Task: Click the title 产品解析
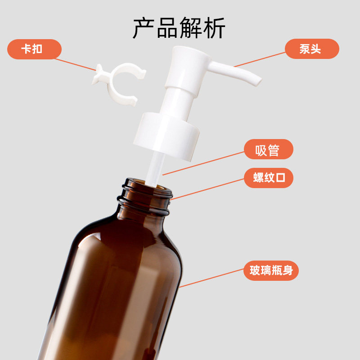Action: tap(179, 28)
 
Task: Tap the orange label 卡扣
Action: tap(34, 49)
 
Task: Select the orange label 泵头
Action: tap(312, 49)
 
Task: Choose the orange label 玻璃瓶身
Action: tap(271, 270)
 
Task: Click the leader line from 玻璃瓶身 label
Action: tap(211, 278)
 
